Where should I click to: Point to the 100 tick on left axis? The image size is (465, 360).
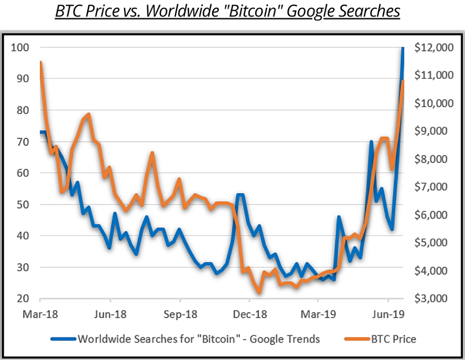(24, 47)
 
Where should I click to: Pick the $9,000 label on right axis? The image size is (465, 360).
(435, 131)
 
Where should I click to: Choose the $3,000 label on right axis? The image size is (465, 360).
(435, 299)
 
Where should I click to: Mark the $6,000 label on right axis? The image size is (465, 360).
(435, 215)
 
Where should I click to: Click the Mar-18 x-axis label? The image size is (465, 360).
(40, 314)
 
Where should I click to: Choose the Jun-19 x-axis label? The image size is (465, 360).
(388, 314)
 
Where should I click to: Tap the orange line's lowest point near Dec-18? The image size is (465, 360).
(259, 292)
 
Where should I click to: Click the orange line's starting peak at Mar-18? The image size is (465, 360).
(40, 62)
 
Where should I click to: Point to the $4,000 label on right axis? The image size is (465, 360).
(435, 270)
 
